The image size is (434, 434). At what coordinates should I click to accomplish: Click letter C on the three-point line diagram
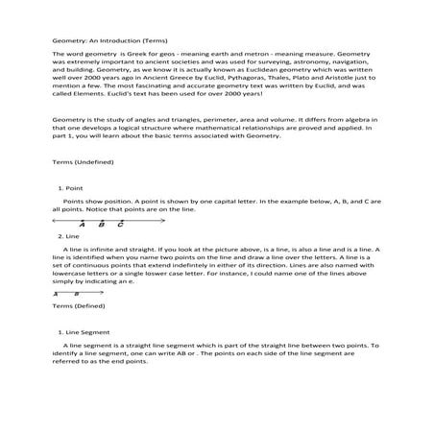120,225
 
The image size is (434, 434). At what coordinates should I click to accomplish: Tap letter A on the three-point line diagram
83,225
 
